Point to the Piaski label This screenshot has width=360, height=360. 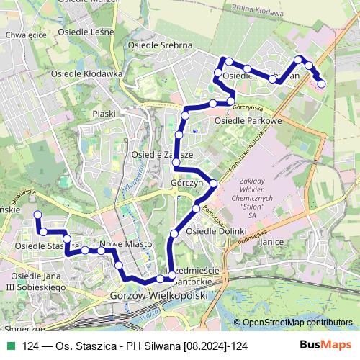104,114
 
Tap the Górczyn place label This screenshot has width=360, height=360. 185,184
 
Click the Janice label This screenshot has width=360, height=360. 271,243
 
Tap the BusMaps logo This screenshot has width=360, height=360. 325,346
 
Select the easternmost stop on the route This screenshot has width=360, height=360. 321,84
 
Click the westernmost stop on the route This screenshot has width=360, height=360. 38,215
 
